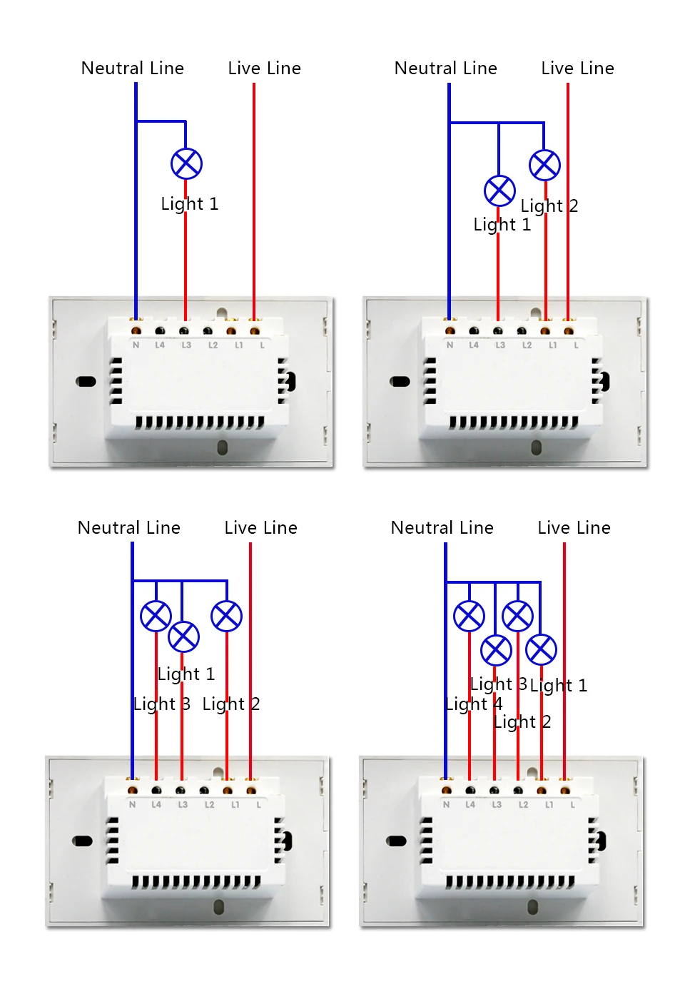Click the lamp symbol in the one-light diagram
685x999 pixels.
pos(186,164)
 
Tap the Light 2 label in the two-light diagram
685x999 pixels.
pos(549,206)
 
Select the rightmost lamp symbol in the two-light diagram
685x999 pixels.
pos(544,166)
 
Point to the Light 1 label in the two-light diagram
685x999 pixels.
pos(502,225)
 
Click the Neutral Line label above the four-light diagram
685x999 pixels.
pos(442,528)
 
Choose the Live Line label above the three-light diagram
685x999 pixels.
pos(260,528)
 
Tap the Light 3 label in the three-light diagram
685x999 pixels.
pos(161,704)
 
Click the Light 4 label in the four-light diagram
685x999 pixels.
pos(473,704)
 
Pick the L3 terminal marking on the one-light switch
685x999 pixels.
pos(186,345)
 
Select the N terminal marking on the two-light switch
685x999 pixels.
pos(450,345)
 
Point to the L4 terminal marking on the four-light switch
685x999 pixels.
pos(470,805)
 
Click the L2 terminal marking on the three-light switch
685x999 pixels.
pos(209,805)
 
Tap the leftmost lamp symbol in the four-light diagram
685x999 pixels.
pos(469,617)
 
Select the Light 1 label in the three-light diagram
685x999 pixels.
pos(186,674)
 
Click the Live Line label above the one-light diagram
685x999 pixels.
pos(264,69)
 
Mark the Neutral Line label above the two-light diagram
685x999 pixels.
pos(445,69)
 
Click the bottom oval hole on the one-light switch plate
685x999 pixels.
pos(222,448)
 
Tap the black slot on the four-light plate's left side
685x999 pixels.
pos(396,841)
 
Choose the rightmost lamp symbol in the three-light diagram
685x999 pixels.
pos(226,617)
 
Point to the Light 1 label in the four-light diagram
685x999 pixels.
pos(559,686)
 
